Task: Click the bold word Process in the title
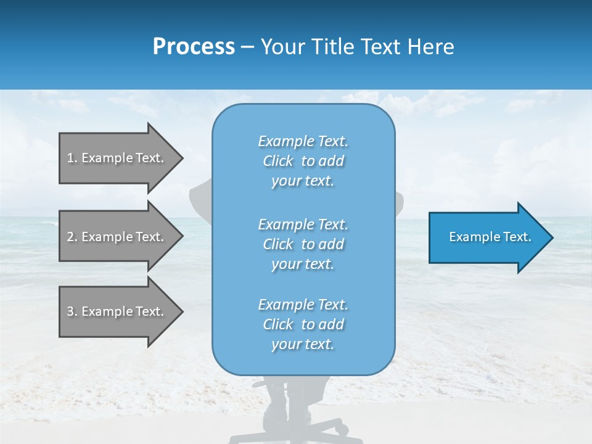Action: click(x=194, y=47)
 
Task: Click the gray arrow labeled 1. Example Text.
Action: click(x=115, y=158)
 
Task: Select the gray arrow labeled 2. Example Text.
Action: click(x=115, y=237)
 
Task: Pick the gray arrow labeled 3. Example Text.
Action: click(x=115, y=311)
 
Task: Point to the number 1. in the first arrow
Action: click(x=72, y=158)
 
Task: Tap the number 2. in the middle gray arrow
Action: click(x=72, y=237)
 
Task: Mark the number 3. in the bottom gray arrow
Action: click(x=72, y=311)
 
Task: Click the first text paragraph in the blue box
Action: click(x=303, y=161)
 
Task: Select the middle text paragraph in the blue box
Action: click(x=303, y=244)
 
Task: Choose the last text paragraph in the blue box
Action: click(x=303, y=324)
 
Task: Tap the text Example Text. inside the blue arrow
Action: click(x=490, y=237)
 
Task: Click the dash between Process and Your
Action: click(x=248, y=47)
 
